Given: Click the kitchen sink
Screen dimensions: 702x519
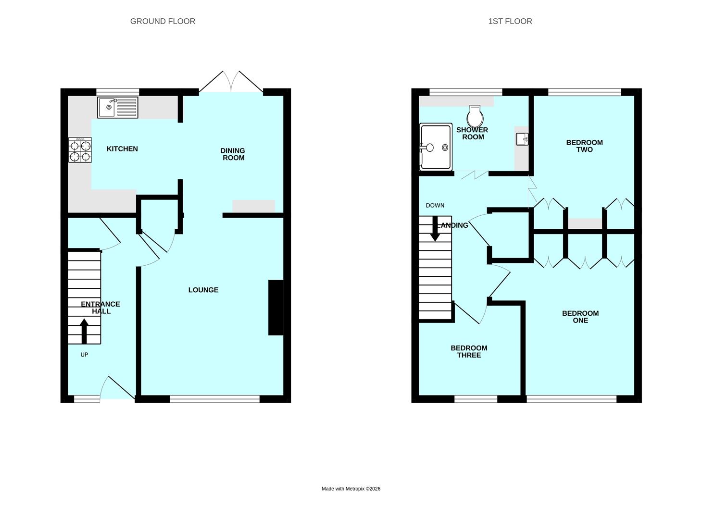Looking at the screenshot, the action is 118,108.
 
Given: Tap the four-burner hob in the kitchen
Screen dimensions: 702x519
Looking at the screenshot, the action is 80,150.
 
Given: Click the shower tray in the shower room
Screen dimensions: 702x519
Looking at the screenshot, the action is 436,147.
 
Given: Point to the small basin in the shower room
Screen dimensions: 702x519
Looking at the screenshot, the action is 522,139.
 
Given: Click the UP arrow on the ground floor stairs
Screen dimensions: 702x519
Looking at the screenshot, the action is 84,331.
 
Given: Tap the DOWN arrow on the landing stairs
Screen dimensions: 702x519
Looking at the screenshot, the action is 435,228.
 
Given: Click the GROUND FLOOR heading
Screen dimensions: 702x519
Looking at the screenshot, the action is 163,21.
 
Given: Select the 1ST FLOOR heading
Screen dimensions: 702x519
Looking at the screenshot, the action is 510,21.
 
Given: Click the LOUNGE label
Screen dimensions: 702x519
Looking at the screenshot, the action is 203,290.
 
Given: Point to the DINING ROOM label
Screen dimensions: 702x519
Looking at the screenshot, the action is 233,154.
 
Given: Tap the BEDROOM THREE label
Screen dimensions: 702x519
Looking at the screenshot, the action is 469,352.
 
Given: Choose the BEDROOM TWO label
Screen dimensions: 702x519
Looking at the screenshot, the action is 584,146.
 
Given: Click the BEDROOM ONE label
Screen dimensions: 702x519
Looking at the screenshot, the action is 580,317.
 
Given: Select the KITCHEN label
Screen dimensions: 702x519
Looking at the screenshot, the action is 122,149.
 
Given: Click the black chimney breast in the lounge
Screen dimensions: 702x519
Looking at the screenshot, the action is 276,307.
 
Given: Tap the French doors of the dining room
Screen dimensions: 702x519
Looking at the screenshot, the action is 231,82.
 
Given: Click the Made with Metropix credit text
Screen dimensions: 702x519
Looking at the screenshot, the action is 351,489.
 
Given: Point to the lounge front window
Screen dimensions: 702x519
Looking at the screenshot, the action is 214,399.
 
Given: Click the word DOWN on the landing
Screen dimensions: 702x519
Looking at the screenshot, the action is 435,205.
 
